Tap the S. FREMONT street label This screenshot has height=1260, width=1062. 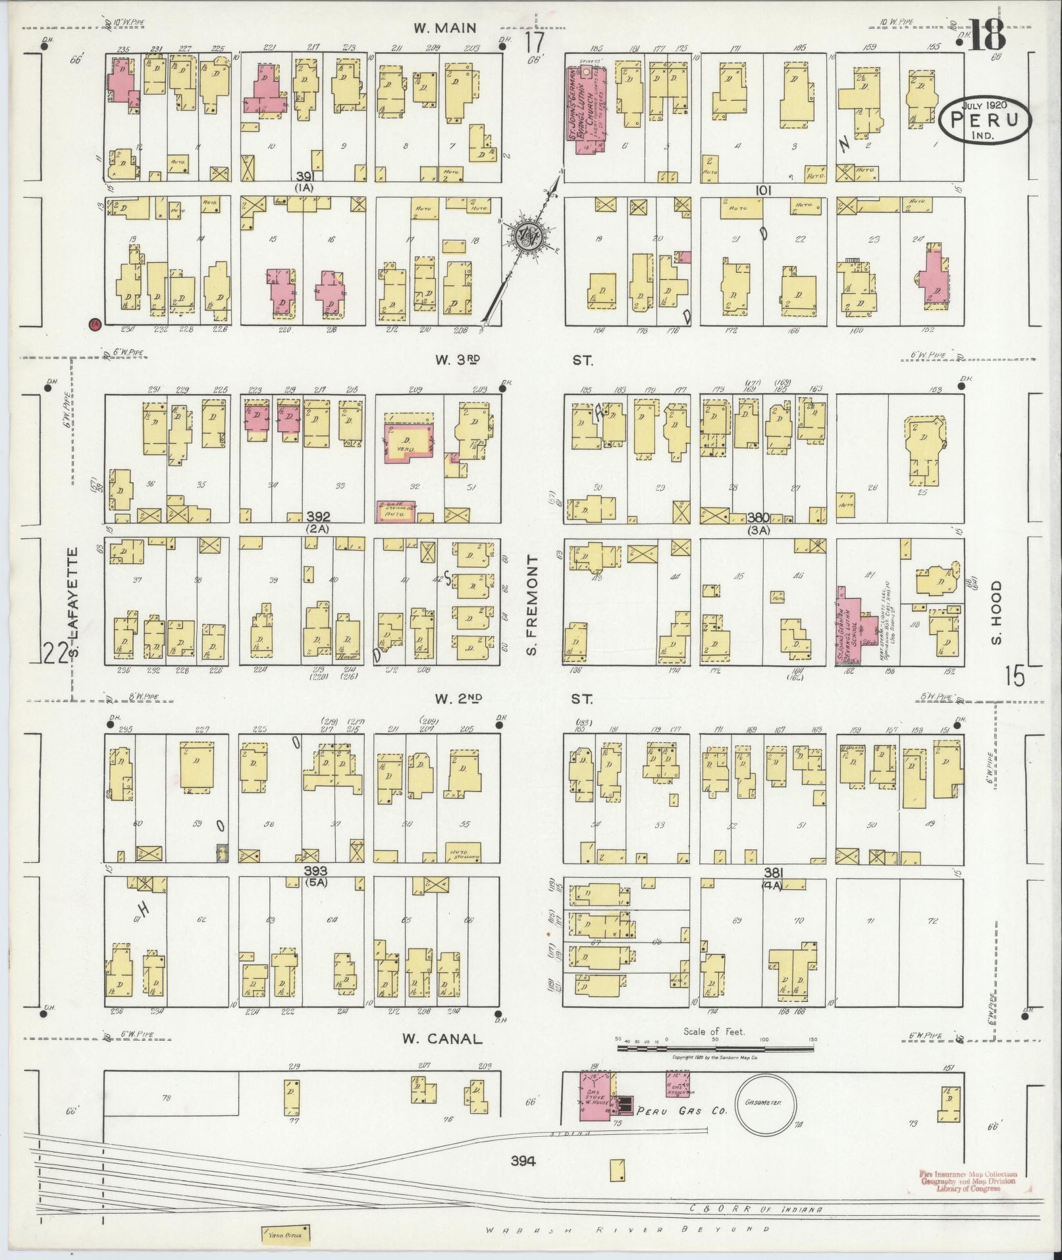[x=533, y=605]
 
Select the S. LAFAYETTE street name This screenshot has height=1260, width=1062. [x=74, y=604]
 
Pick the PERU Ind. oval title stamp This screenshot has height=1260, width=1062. [x=986, y=121]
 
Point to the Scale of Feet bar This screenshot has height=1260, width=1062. [x=714, y=1046]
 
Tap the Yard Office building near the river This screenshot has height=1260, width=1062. [x=286, y=1234]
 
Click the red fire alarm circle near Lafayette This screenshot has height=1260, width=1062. [x=94, y=323]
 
